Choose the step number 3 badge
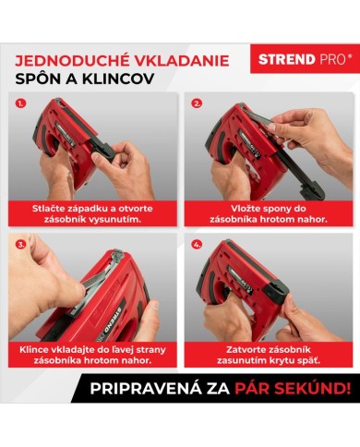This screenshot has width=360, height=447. click(x=22, y=245)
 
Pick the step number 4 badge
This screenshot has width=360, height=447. click(x=196, y=245)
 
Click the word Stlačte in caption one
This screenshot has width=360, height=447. click(x=52, y=208)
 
